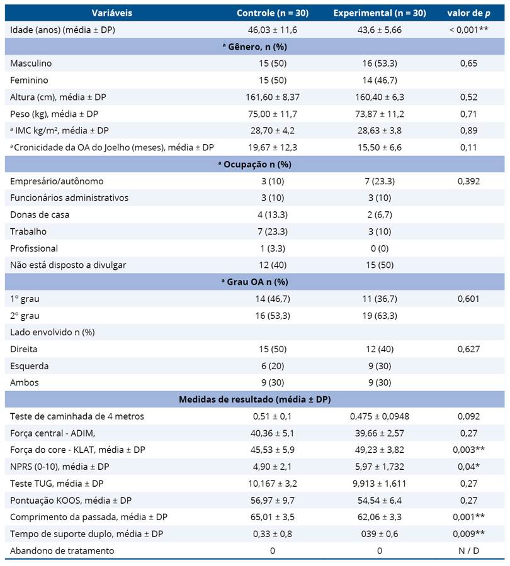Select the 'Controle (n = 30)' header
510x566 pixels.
(271, 13)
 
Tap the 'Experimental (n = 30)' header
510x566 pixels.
(379, 13)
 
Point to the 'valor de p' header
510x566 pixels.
(468, 13)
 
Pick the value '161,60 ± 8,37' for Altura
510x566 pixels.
(271, 97)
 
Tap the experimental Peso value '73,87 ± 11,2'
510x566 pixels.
(379, 114)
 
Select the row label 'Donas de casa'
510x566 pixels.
(40, 214)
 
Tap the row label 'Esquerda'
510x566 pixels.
(30, 365)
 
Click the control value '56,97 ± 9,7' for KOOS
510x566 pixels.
(271, 500)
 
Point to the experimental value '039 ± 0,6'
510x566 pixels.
(379, 533)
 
